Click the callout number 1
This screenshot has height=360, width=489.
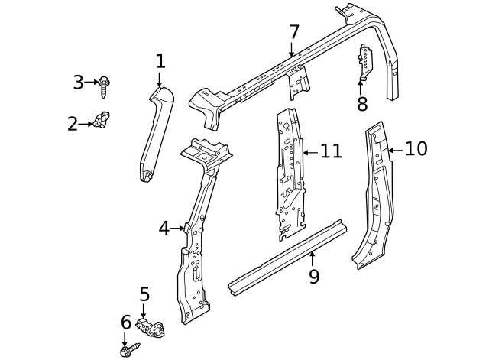[160, 60]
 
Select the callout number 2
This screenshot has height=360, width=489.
[73, 123]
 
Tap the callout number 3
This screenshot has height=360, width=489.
[78, 82]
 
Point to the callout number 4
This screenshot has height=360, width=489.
[164, 228]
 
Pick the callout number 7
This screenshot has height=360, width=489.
[293, 33]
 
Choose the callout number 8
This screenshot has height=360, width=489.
[362, 104]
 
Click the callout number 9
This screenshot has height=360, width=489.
[313, 276]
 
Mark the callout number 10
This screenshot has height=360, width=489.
[416, 148]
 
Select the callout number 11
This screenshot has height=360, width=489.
[331, 151]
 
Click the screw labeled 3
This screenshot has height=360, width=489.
[105, 83]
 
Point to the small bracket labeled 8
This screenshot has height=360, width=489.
[365, 62]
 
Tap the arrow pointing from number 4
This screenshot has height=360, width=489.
[178, 228]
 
